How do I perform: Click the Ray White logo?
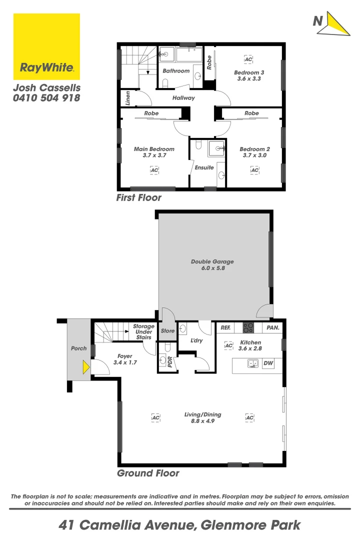pyautogui.click(x=46, y=46)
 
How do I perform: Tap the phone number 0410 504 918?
pyautogui.click(x=46, y=98)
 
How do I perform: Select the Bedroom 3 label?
pyautogui.click(x=249, y=72)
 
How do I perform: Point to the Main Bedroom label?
pyautogui.click(x=154, y=149)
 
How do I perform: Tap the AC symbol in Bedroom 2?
pyautogui.click(x=254, y=170)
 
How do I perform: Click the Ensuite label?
pyautogui.click(x=204, y=167)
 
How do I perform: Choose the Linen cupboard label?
pyautogui.click(x=128, y=98)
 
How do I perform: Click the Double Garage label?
pyautogui.click(x=212, y=261)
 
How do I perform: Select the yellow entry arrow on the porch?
pyautogui.click(x=86, y=367)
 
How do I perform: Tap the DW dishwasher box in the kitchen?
pyautogui.click(x=268, y=364)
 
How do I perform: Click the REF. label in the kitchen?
pyautogui.click(x=225, y=327)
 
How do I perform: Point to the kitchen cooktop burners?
pyautogui.click(x=248, y=327)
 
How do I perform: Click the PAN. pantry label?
pyautogui.click(x=273, y=327)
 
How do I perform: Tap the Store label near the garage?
pyautogui.click(x=167, y=330)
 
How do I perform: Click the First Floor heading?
pyautogui.click(x=138, y=197)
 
